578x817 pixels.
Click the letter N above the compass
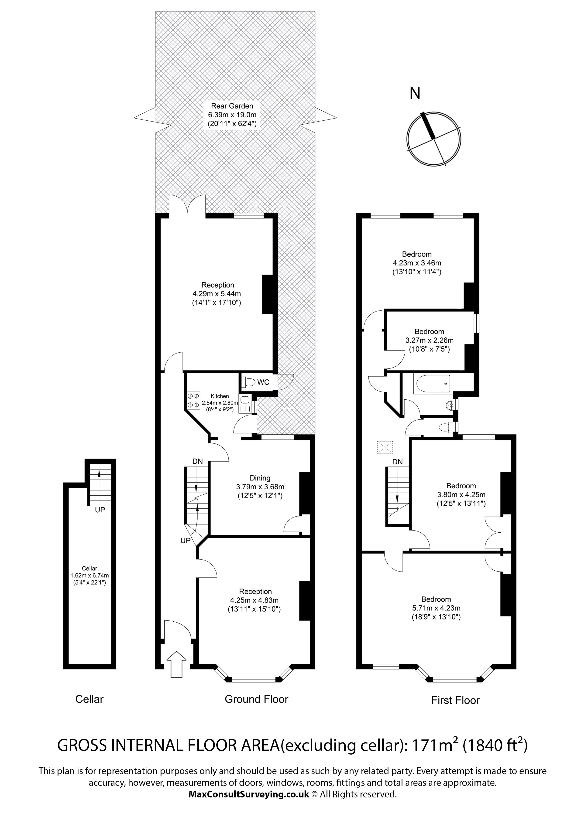[x=415, y=93]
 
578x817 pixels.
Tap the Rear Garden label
[x=232, y=106]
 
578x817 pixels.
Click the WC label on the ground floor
[x=263, y=382]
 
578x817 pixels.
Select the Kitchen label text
[x=220, y=396]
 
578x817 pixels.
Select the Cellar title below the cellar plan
[x=89, y=699]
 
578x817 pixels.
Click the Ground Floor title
[x=256, y=699]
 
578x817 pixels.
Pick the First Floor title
[x=455, y=700]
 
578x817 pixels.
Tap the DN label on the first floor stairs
[x=397, y=462]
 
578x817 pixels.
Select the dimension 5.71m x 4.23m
[x=436, y=608]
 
